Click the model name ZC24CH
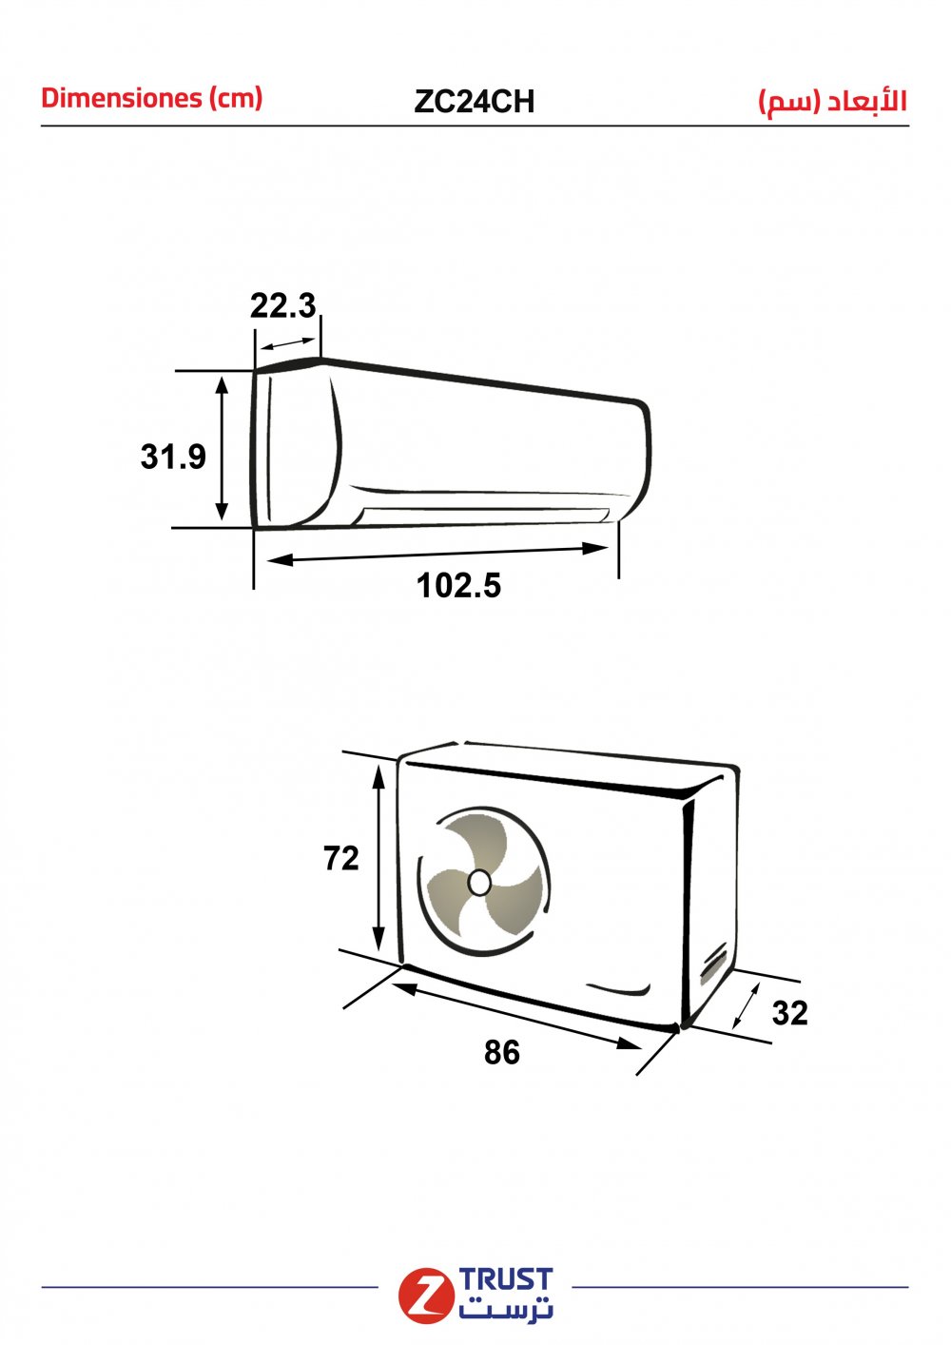coord(474,101)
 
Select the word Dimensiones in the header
coord(122,98)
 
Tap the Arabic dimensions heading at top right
coord(833,101)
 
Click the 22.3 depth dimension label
coord(282,305)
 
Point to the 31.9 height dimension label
coord(173,456)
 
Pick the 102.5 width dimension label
coord(458,585)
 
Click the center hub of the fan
coord(479,883)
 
